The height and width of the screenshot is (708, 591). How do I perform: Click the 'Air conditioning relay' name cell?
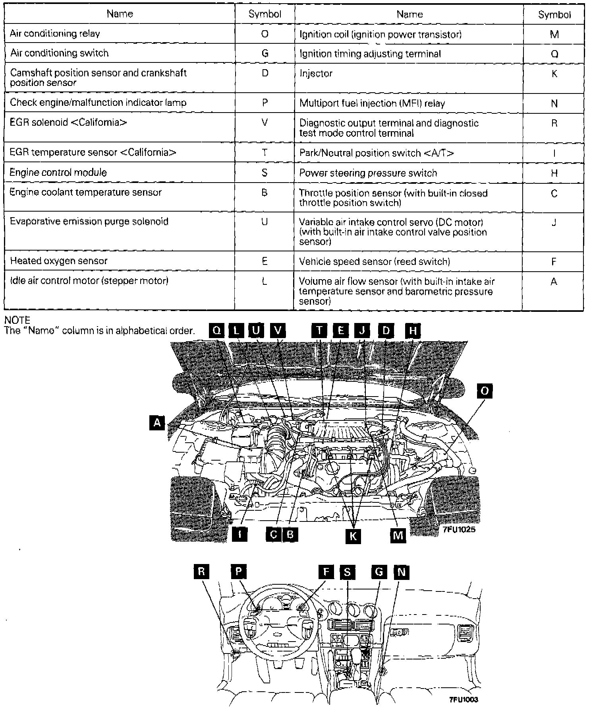[x=55, y=34]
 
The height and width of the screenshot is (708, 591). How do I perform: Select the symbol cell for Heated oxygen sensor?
[x=265, y=261]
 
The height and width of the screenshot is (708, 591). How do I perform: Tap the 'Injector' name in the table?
[x=316, y=74]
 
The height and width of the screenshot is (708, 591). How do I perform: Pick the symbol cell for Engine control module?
[x=265, y=173]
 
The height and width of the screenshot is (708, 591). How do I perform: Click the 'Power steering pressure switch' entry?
[x=368, y=173]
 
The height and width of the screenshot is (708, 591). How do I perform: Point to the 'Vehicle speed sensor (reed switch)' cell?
[x=375, y=261]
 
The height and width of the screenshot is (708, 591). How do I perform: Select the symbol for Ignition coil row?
[x=554, y=35]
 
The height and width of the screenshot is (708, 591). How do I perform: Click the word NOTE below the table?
[x=17, y=320]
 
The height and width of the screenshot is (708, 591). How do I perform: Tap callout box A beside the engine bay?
[x=157, y=422]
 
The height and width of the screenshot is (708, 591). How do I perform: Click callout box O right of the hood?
[x=485, y=391]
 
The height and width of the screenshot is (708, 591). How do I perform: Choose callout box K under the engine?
[x=353, y=536]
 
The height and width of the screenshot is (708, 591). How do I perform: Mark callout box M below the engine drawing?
[x=398, y=535]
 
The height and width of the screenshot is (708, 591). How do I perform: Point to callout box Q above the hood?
[x=217, y=331]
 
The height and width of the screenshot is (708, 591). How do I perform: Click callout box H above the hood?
[x=413, y=331]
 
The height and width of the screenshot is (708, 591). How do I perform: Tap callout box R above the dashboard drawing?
[x=201, y=572]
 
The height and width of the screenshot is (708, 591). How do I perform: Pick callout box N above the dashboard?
[x=402, y=572]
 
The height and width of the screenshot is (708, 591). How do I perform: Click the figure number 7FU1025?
[x=459, y=529]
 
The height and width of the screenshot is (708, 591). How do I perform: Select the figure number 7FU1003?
[x=464, y=700]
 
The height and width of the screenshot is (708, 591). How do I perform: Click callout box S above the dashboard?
[x=348, y=572]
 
